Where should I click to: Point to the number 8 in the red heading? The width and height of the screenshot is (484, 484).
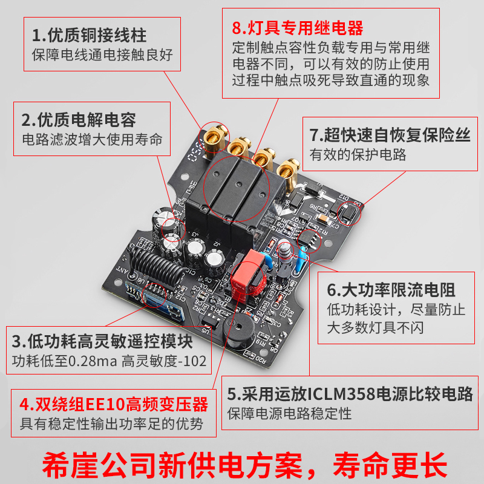coord(237,28)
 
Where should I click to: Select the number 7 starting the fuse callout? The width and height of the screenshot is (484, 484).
coord(314,134)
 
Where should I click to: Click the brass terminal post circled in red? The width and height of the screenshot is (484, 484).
coord(214,134)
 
